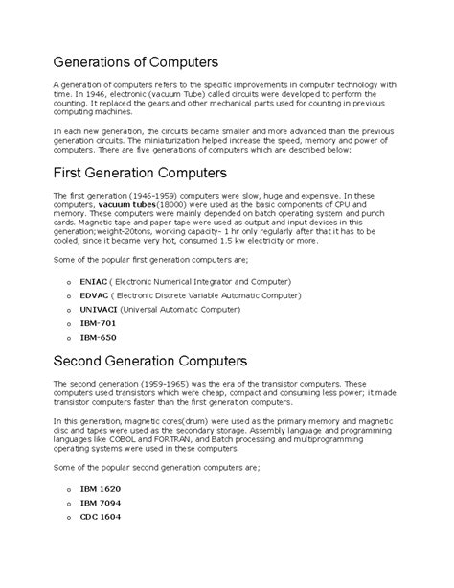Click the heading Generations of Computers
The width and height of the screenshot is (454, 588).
[x=136, y=61]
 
